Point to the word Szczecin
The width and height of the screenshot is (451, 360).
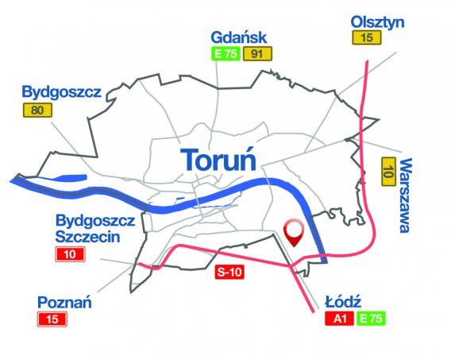coord(84,237)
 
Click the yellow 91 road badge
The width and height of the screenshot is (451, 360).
coord(256,54)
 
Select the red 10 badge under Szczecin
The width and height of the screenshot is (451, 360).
coord(71,255)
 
